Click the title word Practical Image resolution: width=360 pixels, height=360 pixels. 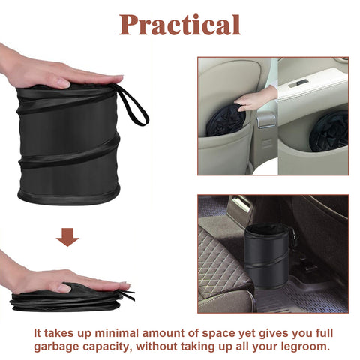[x=180, y=24]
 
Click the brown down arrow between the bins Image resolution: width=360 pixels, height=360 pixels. [x=67, y=238]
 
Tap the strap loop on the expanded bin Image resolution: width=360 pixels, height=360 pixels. [x=133, y=106]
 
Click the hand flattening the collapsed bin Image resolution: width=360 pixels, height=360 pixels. [x=60, y=280]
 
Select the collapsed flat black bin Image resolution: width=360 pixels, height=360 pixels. [x=67, y=298]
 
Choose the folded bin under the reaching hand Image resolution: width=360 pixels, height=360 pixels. [x=225, y=121]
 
